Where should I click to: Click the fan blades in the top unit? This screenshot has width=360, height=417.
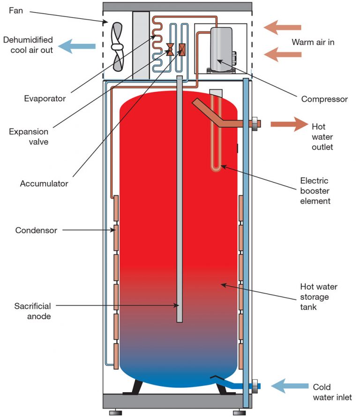pyautogui.click(x=117, y=46)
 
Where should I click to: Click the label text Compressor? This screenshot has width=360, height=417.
pyautogui.click(x=324, y=99)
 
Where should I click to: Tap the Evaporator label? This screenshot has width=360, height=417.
pyautogui.click(x=45, y=99)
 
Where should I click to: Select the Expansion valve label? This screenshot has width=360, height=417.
pyautogui.click(x=29, y=136)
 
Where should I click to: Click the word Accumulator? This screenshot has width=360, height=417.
pyautogui.click(x=44, y=183)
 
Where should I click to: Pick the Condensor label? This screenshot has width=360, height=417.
pyautogui.click(x=36, y=230)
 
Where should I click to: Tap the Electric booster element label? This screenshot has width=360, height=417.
pyautogui.click(x=315, y=191)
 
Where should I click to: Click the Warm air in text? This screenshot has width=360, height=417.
pyautogui.click(x=313, y=42)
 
